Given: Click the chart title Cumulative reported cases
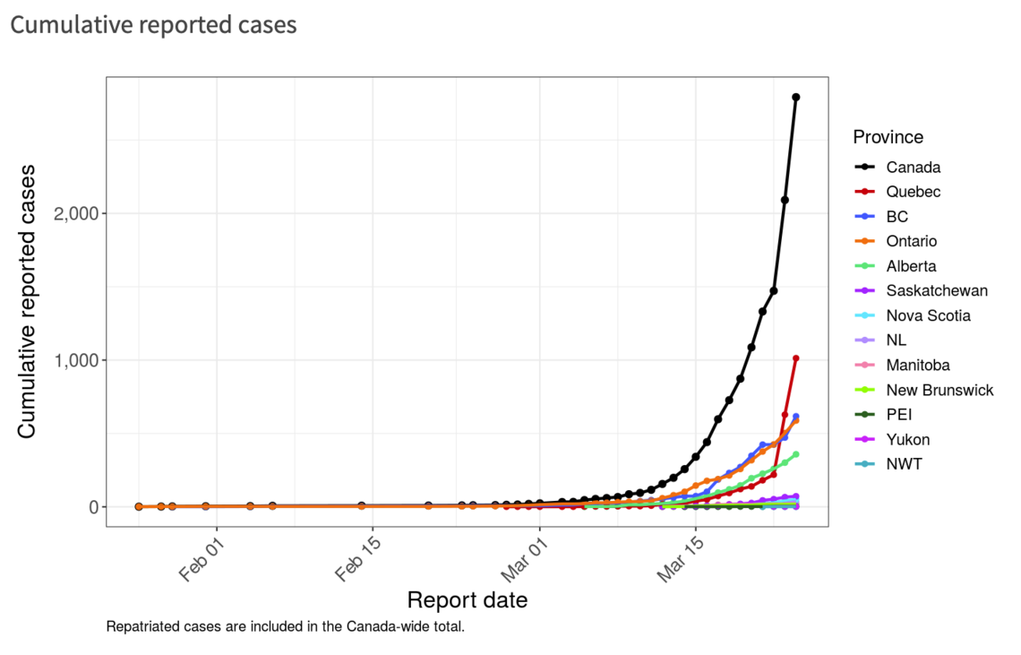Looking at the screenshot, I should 153,25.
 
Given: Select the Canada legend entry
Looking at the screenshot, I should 913,167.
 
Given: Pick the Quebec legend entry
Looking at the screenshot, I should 913,192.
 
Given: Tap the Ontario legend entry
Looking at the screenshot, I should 912,241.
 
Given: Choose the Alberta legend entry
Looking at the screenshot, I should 911,266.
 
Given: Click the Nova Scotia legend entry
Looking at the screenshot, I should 928,315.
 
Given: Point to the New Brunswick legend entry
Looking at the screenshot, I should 939,390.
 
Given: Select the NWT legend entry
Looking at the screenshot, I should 904,464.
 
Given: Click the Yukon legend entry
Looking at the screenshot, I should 907,439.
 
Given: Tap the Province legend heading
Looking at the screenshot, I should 888,137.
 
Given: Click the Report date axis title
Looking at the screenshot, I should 467,600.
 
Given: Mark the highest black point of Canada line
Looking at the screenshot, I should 795,97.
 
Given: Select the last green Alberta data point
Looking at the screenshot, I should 795,454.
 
